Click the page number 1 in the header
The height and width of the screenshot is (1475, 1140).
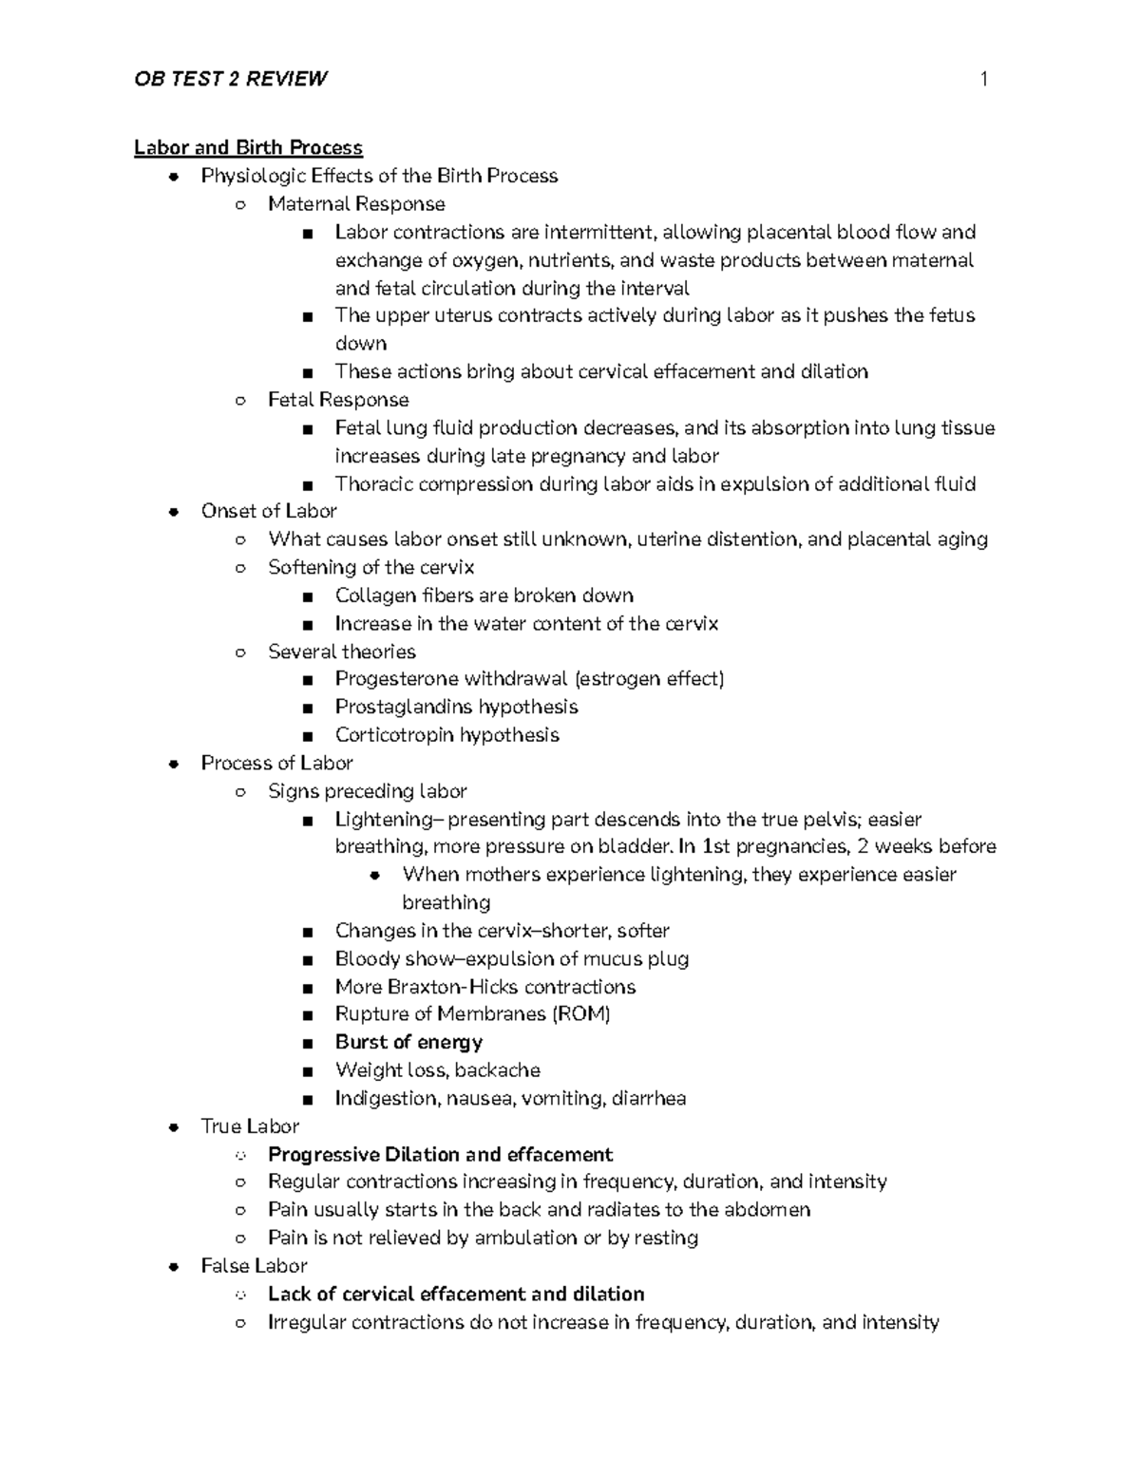(x=984, y=79)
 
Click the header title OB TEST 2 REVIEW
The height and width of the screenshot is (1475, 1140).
(x=231, y=79)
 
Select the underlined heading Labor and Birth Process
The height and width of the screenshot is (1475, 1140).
(x=248, y=147)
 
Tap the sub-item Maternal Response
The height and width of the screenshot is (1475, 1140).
(x=356, y=204)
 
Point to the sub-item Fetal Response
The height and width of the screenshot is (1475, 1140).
(x=338, y=400)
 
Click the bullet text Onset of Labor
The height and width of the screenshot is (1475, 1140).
(x=269, y=511)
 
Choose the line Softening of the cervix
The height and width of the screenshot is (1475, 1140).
(x=370, y=567)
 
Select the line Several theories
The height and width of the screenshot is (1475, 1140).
(x=342, y=652)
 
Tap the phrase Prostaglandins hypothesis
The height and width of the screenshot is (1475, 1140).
(x=456, y=707)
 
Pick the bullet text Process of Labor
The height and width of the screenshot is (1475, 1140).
(x=276, y=763)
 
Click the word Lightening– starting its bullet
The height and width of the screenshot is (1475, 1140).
(x=389, y=819)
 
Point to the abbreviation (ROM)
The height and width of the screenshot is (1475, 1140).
(x=581, y=1013)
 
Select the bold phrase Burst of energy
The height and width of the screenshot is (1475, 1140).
(x=408, y=1042)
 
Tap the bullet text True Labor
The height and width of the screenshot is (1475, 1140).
(x=250, y=1126)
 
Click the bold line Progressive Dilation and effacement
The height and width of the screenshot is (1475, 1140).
(x=440, y=1154)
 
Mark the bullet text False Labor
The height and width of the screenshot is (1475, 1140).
(x=254, y=1266)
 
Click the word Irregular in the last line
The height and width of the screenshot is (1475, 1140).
(x=307, y=1322)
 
